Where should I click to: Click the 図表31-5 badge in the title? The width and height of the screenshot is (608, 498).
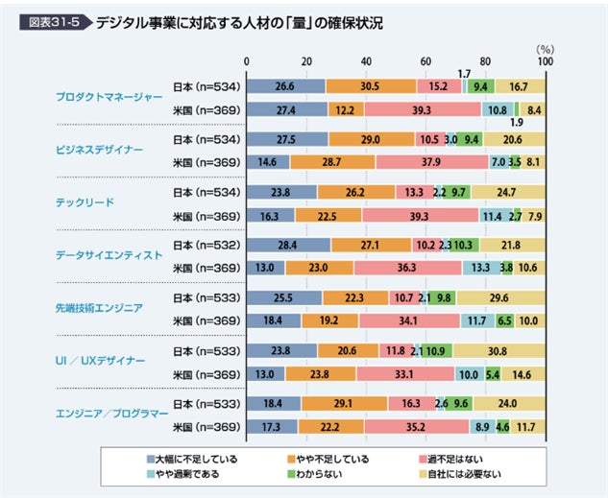pyautogui.click(x=55, y=21)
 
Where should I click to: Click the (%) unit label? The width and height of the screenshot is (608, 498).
pyautogui.click(x=545, y=47)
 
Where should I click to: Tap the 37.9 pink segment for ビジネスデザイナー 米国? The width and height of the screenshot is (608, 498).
pyautogui.click(x=432, y=162)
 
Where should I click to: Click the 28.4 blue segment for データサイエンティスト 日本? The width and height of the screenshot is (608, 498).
pyautogui.click(x=289, y=245)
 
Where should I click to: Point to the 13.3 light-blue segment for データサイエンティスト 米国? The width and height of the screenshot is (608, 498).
pyautogui.click(x=480, y=268)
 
